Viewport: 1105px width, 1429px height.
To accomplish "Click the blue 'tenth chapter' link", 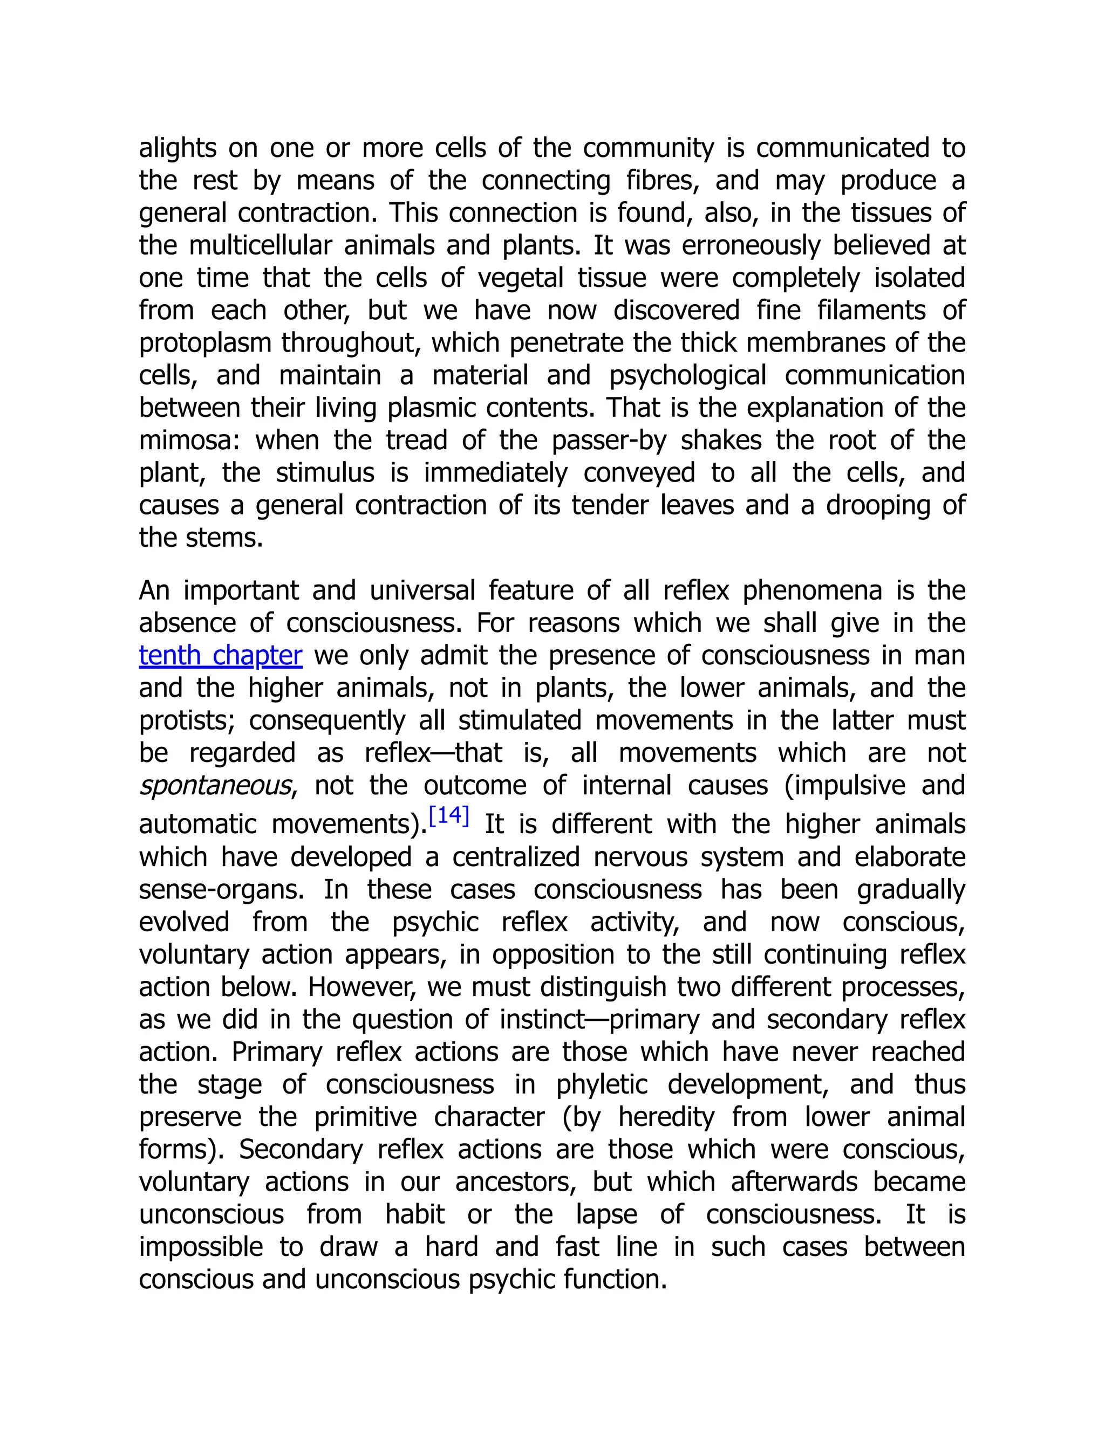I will pos(221,655).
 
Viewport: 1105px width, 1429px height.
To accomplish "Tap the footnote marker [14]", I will pos(448,815).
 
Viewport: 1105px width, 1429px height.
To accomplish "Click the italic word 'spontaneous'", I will pos(215,785).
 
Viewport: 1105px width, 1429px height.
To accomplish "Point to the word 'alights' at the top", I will pos(178,148).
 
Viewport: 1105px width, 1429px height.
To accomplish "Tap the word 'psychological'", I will pos(688,375).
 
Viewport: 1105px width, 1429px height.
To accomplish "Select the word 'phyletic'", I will pos(602,1084).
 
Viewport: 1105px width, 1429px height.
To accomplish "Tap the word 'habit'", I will pos(414,1214).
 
